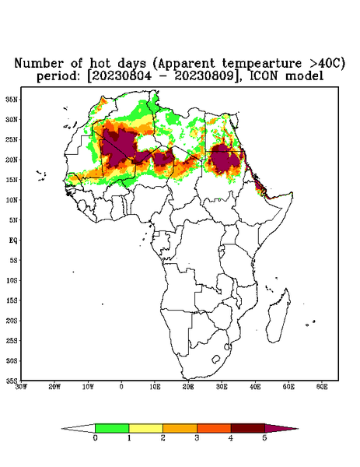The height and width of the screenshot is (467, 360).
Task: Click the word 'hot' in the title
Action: (x=100, y=64)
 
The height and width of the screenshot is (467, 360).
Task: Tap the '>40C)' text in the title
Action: (x=326, y=64)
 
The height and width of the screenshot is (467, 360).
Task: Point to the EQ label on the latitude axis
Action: (x=13, y=241)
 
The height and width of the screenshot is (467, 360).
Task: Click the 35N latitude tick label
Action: (x=12, y=100)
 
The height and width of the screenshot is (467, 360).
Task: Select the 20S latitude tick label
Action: (x=12, y=321)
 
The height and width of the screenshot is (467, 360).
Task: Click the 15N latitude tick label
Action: (x=12, y=180)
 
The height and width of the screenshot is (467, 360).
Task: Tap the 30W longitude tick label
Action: (x=21, y=387)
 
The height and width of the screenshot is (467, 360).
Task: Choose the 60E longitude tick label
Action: (x=322, y=387)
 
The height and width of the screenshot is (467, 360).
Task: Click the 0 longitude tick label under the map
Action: (x=121, y=387)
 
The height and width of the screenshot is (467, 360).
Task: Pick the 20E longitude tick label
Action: (x=188, y=387)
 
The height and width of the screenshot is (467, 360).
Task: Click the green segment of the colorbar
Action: (x=112, y=428)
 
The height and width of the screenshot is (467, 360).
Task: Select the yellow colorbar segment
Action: (x=145, y=428)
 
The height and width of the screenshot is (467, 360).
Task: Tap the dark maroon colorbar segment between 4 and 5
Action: (x=248, y=428)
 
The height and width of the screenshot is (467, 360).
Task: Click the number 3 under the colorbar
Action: (x=197, y=438)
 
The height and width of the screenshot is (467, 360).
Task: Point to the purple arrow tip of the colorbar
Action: (x=298, y=429)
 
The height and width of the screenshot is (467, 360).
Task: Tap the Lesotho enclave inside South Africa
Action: (x=215, y=359)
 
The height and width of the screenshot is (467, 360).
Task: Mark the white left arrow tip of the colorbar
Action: (x=62, y=429)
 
